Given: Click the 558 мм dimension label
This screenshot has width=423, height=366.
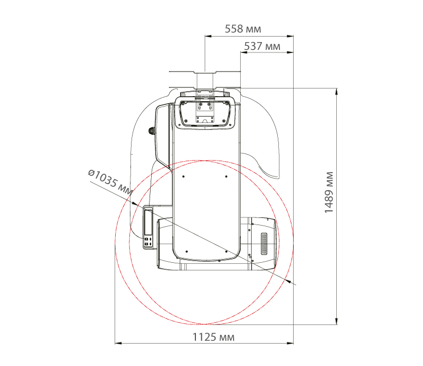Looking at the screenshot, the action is pos(243,29).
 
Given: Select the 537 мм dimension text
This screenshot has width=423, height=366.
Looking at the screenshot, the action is pos(262,46).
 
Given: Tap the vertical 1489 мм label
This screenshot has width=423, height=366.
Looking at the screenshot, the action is pos(329,192).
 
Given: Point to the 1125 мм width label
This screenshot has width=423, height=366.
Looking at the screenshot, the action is pos(213,337).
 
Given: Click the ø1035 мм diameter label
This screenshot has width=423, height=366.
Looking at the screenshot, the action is pos(111,182).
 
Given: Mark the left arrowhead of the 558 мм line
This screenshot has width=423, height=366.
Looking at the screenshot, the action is pos(208,36).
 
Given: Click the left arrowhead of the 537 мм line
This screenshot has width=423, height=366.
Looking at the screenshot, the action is pos(243,52).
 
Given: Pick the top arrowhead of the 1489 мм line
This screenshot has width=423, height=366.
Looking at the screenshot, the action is pos(336,91).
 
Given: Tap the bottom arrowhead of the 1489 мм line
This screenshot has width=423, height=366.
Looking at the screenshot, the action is pos(336,321).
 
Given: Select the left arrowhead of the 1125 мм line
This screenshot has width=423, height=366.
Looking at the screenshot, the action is pos(118,343).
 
